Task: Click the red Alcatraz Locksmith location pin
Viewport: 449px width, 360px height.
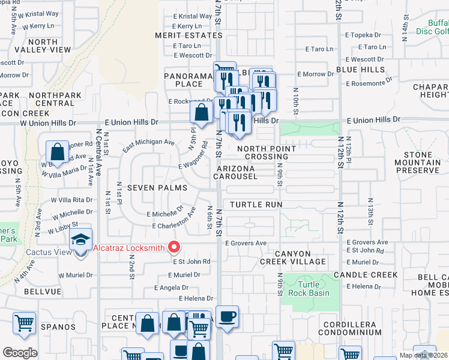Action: click(175, 247)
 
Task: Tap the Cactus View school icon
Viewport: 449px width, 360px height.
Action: click(81, 241)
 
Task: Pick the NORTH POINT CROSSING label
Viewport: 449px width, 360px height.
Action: click(267, 152)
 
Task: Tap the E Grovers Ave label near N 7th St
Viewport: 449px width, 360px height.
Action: click(246, 243)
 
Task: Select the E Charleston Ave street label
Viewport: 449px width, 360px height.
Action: click(174, 220)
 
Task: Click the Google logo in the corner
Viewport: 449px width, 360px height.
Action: click(20, 352)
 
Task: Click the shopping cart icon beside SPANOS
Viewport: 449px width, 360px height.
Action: click(25, 324)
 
